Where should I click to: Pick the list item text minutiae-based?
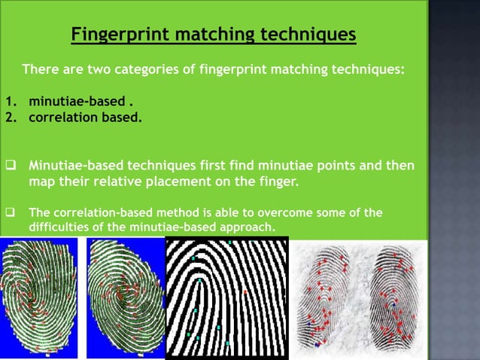click(x=71, y=102)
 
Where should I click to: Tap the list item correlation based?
click(x=84, y=117)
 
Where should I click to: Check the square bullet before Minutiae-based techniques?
click(x=11, y=165)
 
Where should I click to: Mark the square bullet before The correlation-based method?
click(x=11, y=213)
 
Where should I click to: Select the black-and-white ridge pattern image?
click(x=226, y=298)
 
